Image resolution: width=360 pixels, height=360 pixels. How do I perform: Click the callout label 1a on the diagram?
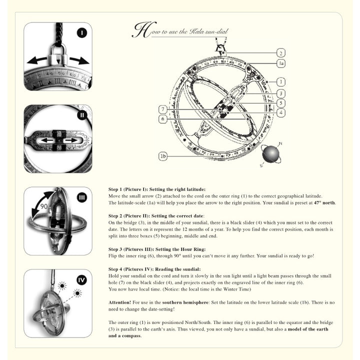(x=281, y=63)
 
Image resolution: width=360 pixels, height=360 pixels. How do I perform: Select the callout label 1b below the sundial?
(x=163, y=156)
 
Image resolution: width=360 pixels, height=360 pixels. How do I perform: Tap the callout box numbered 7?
(x=163, y=109)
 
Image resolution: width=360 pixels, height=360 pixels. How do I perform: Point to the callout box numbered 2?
(x=281, y=52)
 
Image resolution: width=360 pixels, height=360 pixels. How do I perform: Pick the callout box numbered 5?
(x=281, y=103)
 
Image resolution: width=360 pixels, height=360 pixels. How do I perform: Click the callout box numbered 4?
(x=281, y=113)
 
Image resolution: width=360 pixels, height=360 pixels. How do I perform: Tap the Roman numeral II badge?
(x=81, y=115)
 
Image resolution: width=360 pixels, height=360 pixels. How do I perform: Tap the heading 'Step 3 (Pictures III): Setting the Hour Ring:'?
(x=149, y=248)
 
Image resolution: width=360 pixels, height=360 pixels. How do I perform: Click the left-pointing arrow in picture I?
(x=37, y=60)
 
